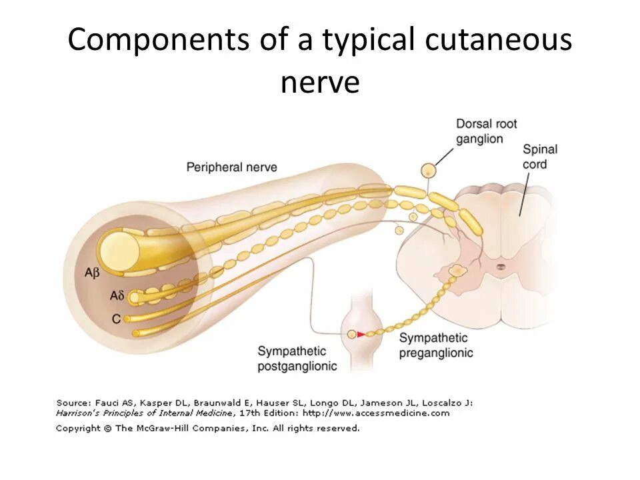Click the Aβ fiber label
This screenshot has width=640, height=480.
tap(91, 273)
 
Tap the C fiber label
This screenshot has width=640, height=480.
tap(116, 319)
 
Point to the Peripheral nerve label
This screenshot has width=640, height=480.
tap(231, 167)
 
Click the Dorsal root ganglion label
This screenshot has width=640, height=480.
tap(486, 131)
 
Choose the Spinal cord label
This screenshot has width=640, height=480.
tap(539, 157)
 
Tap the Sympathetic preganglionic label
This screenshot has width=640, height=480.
tap(436, 345)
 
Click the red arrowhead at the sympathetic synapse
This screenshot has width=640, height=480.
tap(361, 335)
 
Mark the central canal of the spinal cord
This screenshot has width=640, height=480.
tap(500, 267)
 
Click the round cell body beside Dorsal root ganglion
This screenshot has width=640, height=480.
tap(428, 171)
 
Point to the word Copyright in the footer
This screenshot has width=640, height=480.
tap(79, 428)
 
